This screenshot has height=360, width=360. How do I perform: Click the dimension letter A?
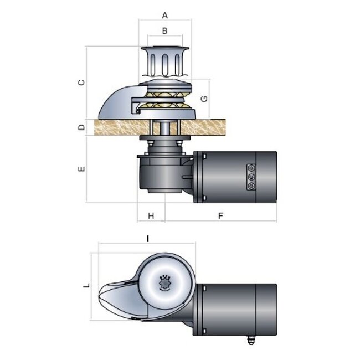[164, 15]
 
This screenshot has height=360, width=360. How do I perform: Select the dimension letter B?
[164, 30]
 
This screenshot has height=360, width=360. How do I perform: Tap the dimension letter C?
[81, 83]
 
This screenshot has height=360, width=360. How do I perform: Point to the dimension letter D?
[81, 127]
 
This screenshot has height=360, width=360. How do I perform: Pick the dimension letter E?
[81, 169]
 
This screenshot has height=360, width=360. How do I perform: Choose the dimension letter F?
[220, 215]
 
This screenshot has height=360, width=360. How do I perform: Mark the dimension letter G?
[204, 99]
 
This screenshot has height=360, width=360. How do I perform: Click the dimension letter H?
[150, 215]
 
